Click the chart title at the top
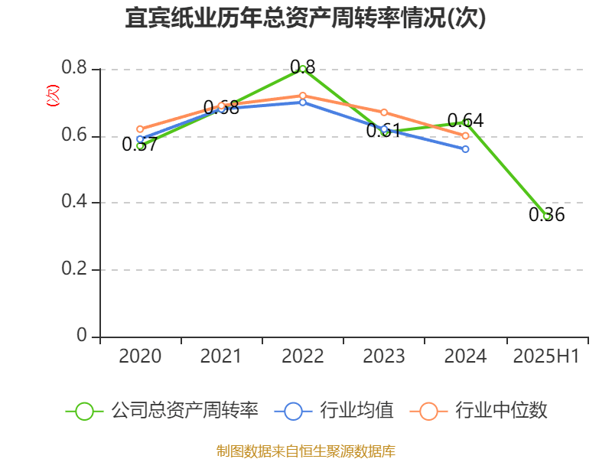point(306,18)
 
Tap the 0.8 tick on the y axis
point(74,69)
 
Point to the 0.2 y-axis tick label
point(74,269)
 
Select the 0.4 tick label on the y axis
point(74,203)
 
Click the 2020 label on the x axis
point(140,356)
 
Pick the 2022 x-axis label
point(302,356)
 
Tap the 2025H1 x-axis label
point(545,356)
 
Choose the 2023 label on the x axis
point(384,356)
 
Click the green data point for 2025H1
point(546,216)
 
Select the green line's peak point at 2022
point(303,69)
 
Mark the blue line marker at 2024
point(465,148)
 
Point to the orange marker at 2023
point(384,112)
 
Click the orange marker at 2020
point(140,129)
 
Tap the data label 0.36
point(546,216)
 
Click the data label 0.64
point(465,121)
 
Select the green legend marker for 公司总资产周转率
point(84,411)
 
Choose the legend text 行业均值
point(356,411)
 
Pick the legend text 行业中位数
point(501,411)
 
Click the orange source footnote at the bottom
point(306,451)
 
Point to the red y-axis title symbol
point(52,96)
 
